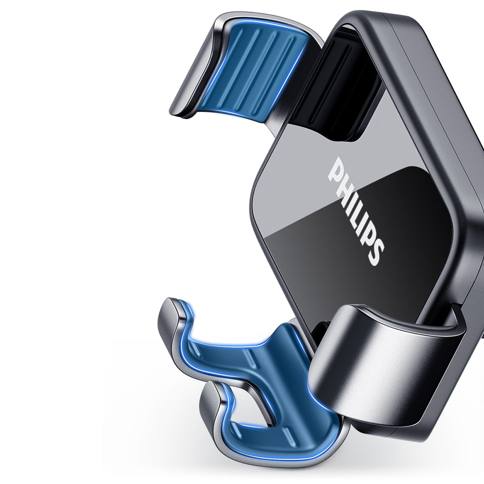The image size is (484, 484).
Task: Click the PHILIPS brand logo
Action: [356, 211]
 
